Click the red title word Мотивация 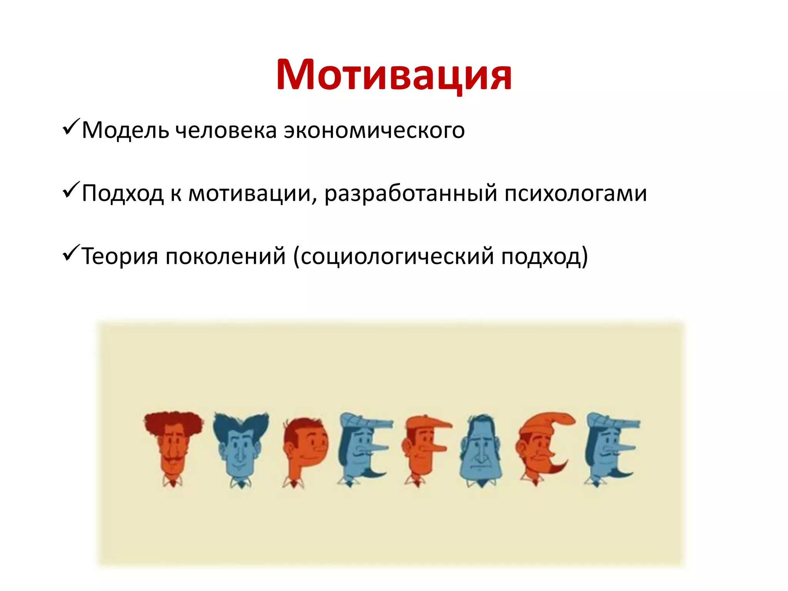(394, 75)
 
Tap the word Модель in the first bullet (125, 130)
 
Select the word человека (226, 130)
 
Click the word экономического (374, 130)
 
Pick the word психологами (576, 193)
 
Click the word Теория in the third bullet (120, 256)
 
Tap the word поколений (225, 256)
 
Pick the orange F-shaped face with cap (425, 448)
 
